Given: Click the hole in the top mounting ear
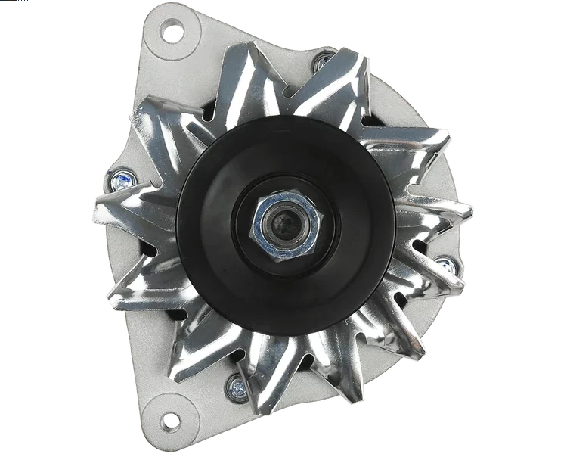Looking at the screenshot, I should point(173,31).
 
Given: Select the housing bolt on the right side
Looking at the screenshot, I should point(446,264).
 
